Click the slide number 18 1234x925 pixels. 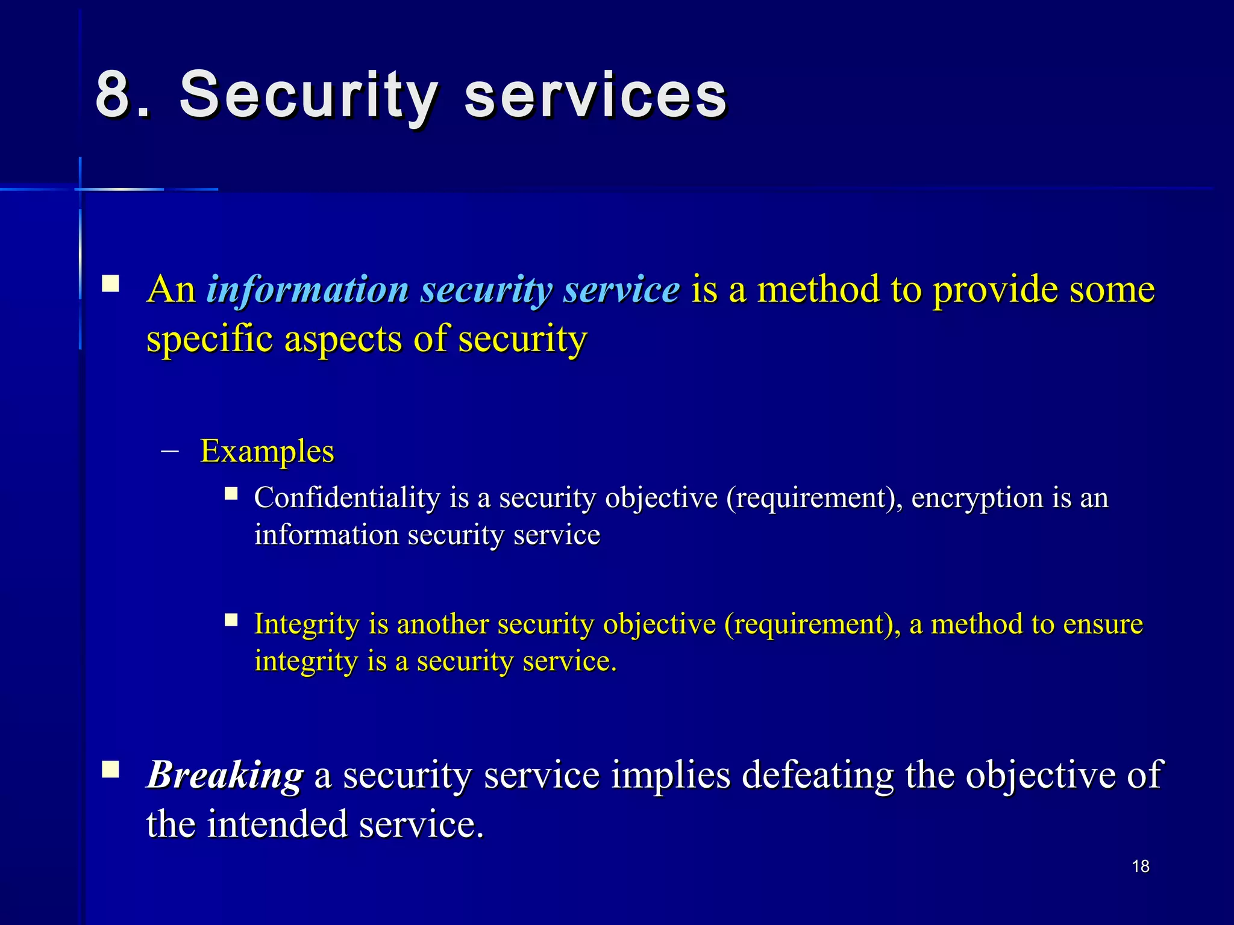tap(1140, 866)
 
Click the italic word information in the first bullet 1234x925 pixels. tap(307, 289)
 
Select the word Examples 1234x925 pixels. tap(267, 451)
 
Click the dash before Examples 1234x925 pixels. tap(171, 451)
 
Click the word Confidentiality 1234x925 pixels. tap(347, 498)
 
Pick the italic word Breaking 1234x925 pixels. tap(225, 774)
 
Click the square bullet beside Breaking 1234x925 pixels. tap(110, 770)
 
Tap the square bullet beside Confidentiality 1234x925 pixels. tap(231, 494)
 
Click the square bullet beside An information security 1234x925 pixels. tap(110, 284)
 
